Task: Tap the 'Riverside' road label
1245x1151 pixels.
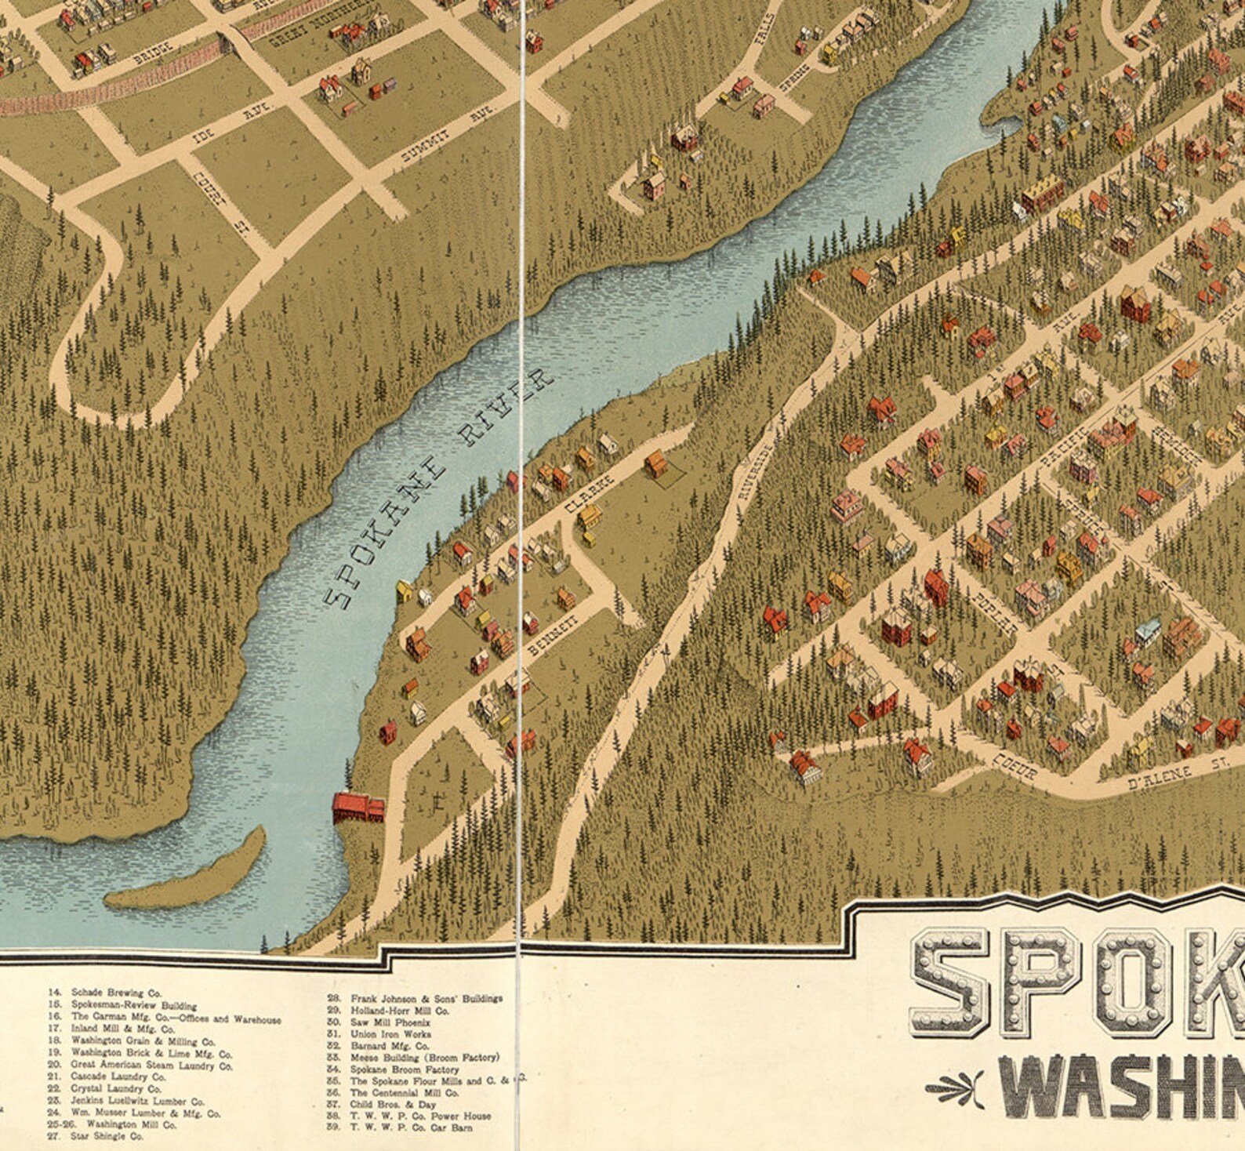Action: coord(757,468)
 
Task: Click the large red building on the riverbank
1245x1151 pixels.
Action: coord(358,808)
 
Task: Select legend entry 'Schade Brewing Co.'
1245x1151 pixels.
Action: coord(115,993)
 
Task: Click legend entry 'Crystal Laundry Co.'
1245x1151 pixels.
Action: coord(115,1088)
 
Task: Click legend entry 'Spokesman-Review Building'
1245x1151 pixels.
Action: coord(133,1004)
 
